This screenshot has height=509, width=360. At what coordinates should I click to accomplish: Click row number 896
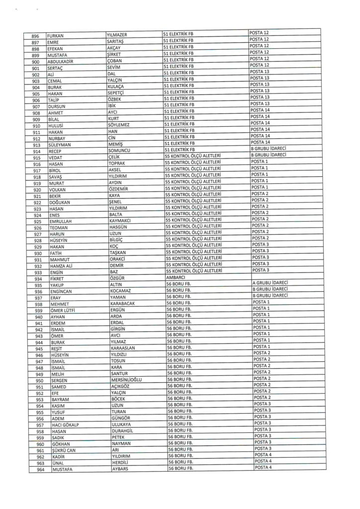click(35, 36)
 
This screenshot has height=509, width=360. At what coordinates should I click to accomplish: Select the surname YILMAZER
click(118, 35)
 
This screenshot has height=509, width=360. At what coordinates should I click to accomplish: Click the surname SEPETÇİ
click(117, 93)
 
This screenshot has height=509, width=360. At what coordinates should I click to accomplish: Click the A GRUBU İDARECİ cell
click(270, 283)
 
